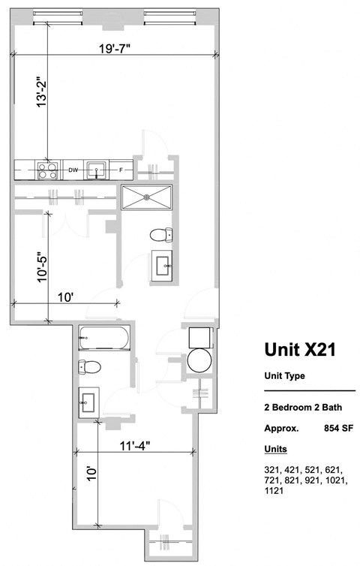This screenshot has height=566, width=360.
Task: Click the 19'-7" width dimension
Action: [x=114, y=50]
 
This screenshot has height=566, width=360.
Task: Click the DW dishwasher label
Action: [x=73, y=170]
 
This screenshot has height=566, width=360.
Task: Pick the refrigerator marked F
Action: [x=121, y=170]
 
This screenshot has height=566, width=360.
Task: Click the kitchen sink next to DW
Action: [x=96, y=170]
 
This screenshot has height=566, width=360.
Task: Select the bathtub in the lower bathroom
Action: [x=104, y=339]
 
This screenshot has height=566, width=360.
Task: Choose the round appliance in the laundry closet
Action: [x=199, y=360]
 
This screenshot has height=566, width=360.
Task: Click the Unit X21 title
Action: [x=298, y=350]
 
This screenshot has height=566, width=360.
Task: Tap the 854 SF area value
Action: [x=337, y=429]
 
